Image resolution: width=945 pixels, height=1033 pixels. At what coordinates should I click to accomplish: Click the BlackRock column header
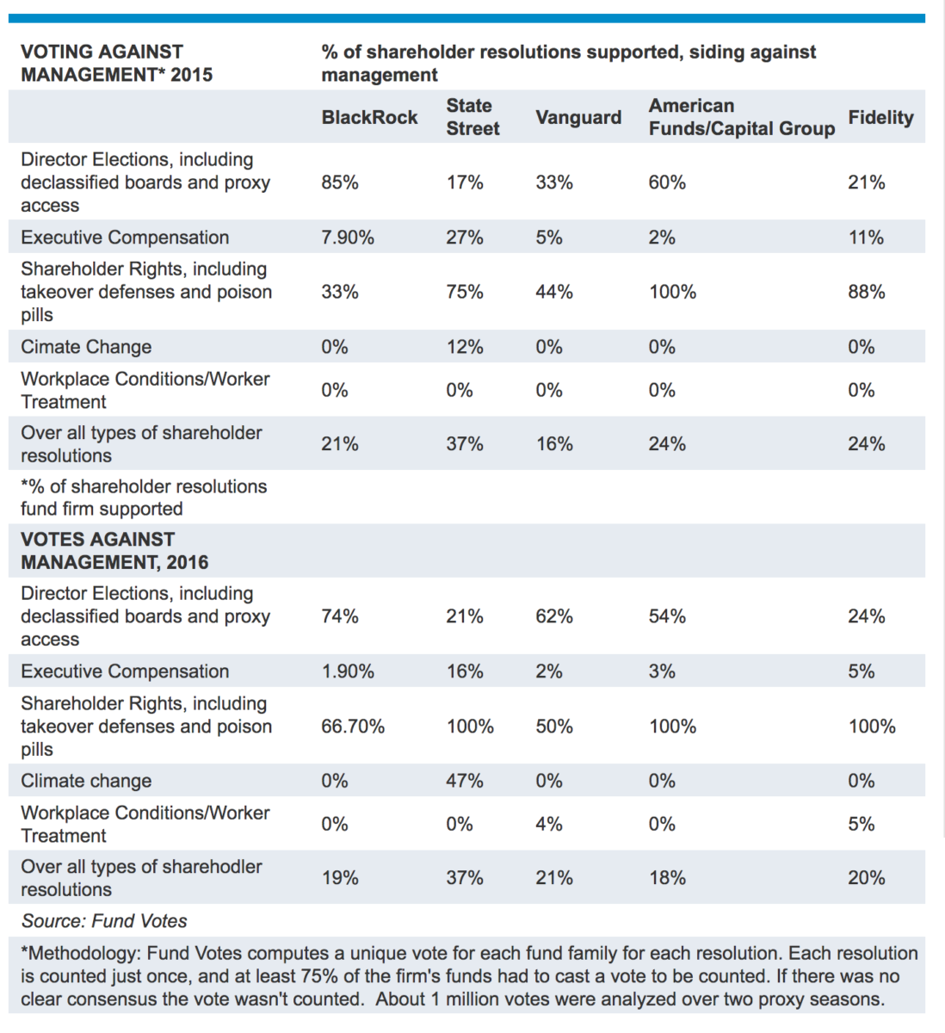(x=369, y=118)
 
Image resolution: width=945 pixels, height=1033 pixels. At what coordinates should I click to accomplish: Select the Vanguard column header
(x=577, y=118)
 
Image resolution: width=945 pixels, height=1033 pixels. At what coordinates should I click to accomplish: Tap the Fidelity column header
(x=880, y=118)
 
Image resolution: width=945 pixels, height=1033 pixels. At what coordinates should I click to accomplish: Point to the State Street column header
(x=472, y=117)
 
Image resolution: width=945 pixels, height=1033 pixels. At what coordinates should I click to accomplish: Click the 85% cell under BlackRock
(x=340, y=182)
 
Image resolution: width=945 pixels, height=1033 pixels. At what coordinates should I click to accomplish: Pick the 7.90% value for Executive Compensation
(x=348, y=238)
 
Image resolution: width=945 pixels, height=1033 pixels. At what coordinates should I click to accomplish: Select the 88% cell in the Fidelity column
(x=866, y=292)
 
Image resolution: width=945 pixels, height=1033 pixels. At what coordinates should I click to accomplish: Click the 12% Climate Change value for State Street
(x=464, y=347)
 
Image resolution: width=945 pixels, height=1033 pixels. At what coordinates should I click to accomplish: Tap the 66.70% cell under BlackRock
(x=353, y=727)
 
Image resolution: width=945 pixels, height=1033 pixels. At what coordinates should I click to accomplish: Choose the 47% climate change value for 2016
(x=464, y=781)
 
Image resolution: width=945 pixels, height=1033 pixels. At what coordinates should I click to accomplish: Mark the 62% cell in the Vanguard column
(x=553, y=616)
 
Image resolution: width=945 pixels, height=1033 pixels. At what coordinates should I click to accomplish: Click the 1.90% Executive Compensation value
(x=348, y=671)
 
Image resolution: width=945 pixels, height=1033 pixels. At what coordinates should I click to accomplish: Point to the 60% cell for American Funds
(x=667, y=182)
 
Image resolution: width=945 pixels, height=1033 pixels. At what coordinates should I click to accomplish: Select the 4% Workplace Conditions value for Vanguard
(x=548, y=824)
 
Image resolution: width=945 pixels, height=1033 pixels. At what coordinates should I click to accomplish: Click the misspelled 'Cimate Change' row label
(x=86, y=347)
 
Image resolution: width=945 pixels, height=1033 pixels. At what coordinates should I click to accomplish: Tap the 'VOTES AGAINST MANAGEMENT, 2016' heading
(x=114, y=551)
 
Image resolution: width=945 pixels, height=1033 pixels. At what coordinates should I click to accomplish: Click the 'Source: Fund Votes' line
(x=104, y=921)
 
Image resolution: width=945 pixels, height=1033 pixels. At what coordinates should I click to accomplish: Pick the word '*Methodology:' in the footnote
(x=81, y=954)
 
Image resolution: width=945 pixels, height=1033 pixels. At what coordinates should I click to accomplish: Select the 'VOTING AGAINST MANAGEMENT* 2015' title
(x=116, y=64)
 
